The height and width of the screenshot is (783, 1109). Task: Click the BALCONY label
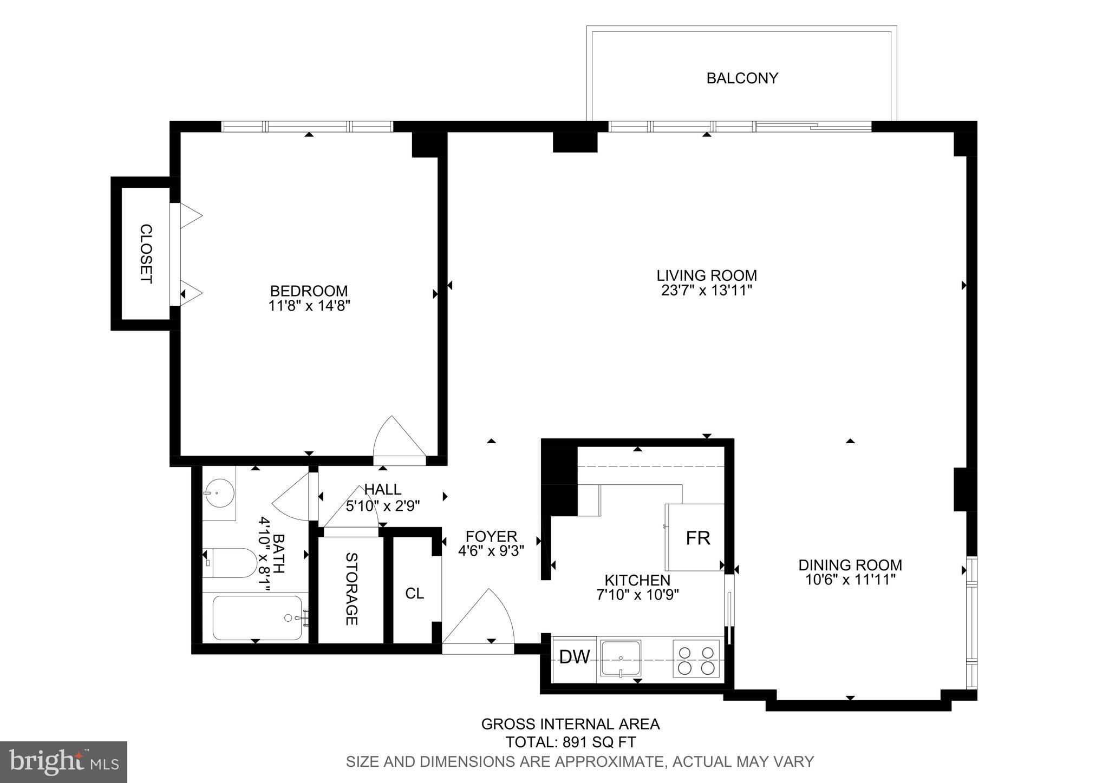pos(742,78)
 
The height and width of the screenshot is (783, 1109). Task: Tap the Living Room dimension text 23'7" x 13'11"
pos(707,291)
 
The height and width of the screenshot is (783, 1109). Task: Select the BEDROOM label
pos(309,291)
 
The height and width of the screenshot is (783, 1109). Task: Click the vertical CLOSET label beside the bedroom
pos(146,254)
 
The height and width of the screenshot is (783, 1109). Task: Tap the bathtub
pos(257,617)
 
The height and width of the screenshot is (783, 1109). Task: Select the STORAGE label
pos(351,589)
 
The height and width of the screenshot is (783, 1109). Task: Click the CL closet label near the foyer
pos(414,594)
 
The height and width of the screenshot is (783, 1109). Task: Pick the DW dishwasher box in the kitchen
pos(574,657)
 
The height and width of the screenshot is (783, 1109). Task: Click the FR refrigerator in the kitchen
pos(697,538)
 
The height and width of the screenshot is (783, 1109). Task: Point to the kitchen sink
pos(621,659)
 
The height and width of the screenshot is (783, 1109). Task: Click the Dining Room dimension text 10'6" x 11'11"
pos(850,580)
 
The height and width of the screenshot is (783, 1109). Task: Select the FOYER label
pos(491,537)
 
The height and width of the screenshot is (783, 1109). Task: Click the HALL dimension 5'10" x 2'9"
pos(383,505)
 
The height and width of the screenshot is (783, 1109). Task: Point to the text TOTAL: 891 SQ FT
pos(570,741)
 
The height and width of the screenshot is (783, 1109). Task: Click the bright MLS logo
pos(63,762)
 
